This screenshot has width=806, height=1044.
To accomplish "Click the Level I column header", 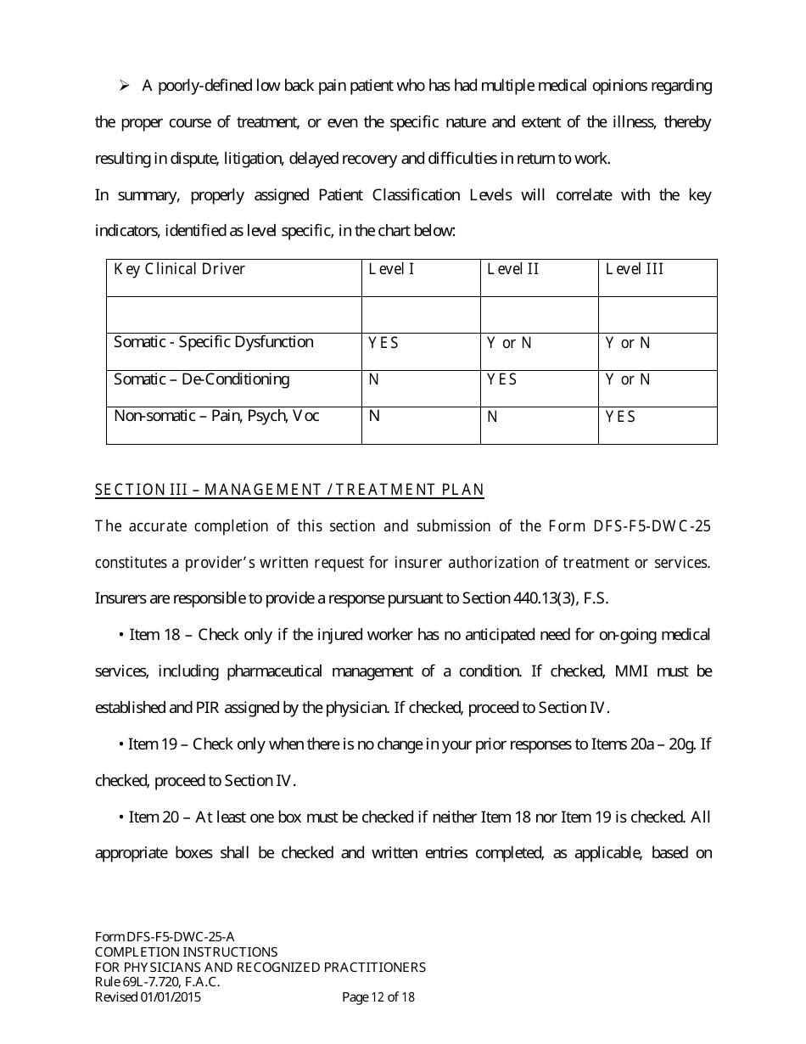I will (391, 270).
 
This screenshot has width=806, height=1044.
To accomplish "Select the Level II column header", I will (512, 270).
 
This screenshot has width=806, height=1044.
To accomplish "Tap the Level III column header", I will (635, 270).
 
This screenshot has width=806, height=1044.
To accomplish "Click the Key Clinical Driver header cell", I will (179, 270).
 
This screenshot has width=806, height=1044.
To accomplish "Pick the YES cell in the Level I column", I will (383, 343).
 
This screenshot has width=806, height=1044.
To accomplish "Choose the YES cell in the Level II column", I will (501, 379).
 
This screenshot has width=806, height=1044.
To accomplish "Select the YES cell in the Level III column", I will (620, 417).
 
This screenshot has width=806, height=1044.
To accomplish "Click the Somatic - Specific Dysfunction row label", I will (214, 342).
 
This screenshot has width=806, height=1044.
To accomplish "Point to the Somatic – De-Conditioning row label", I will (201, 379).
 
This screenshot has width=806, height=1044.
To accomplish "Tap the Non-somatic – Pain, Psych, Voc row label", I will (216, 417).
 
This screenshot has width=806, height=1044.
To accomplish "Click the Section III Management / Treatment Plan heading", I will (289, 490).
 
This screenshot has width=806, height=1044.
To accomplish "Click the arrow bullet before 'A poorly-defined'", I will (124, 86).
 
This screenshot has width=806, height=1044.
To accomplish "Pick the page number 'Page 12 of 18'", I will (378, 997).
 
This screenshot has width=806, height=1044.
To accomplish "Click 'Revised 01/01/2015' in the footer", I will (148, 997).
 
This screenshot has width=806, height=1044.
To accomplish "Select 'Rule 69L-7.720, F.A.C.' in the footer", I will (158, 982).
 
